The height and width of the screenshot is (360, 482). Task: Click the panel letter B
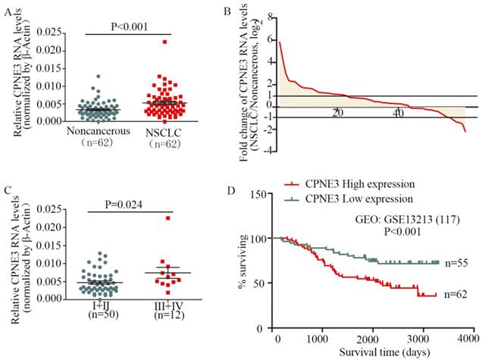click(x=249, y=11)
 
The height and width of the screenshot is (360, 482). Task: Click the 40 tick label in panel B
click(x=398, y=112)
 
